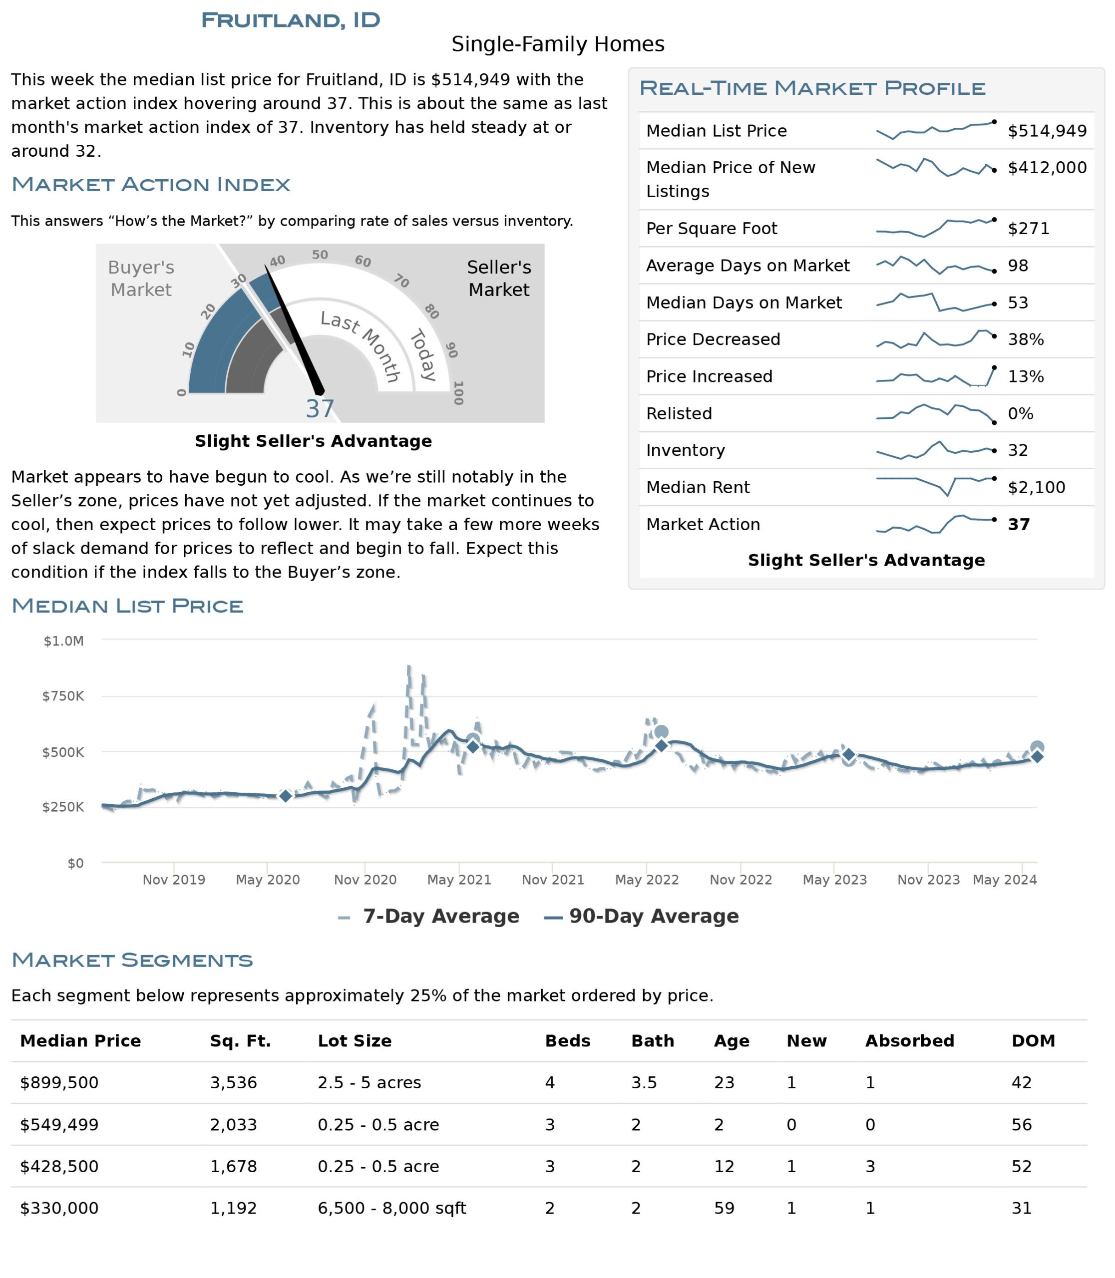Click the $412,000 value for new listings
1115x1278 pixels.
click(1047, 167)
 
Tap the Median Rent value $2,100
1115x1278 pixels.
click(1037, 487)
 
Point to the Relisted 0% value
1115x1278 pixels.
click(1021, 413)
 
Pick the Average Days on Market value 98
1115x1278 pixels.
click(1018, 266)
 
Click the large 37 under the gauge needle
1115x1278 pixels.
click(320, 409)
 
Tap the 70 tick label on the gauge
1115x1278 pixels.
click(402, 281)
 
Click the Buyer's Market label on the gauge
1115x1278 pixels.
click(141, 278)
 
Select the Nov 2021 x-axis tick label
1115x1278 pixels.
click(553, 880)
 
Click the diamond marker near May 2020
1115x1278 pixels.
click(285, 796)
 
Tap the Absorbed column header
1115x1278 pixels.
click(910, 1041)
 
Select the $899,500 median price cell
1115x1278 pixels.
click(59, 1083)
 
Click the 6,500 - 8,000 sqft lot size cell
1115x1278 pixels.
click(391, 1208)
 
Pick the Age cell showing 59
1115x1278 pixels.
click(724, 1208)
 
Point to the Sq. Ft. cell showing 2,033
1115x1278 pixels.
click(233, 1125)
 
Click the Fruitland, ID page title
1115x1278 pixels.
click(291, 20)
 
